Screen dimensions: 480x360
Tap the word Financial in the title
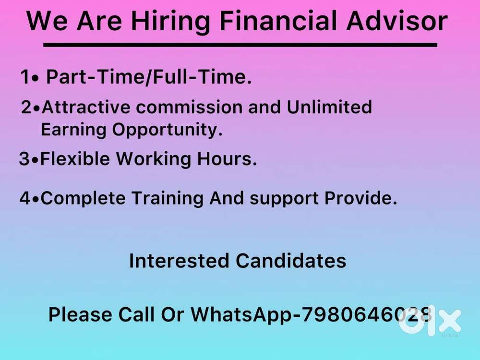278,21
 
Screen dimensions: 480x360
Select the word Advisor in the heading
397,21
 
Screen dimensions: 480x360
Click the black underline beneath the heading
240,45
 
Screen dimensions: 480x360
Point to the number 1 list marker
25,77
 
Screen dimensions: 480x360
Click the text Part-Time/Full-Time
149,77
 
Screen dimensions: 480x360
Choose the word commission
189,108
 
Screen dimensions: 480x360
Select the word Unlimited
329,107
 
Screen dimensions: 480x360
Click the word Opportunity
167,130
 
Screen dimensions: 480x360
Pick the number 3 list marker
24,158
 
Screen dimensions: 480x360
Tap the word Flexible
75,158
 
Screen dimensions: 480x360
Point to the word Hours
227,158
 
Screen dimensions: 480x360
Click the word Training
168,198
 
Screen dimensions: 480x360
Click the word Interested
179,261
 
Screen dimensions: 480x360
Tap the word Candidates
291,261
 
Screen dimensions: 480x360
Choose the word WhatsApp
241,315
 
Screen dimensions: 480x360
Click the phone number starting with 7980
367,315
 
